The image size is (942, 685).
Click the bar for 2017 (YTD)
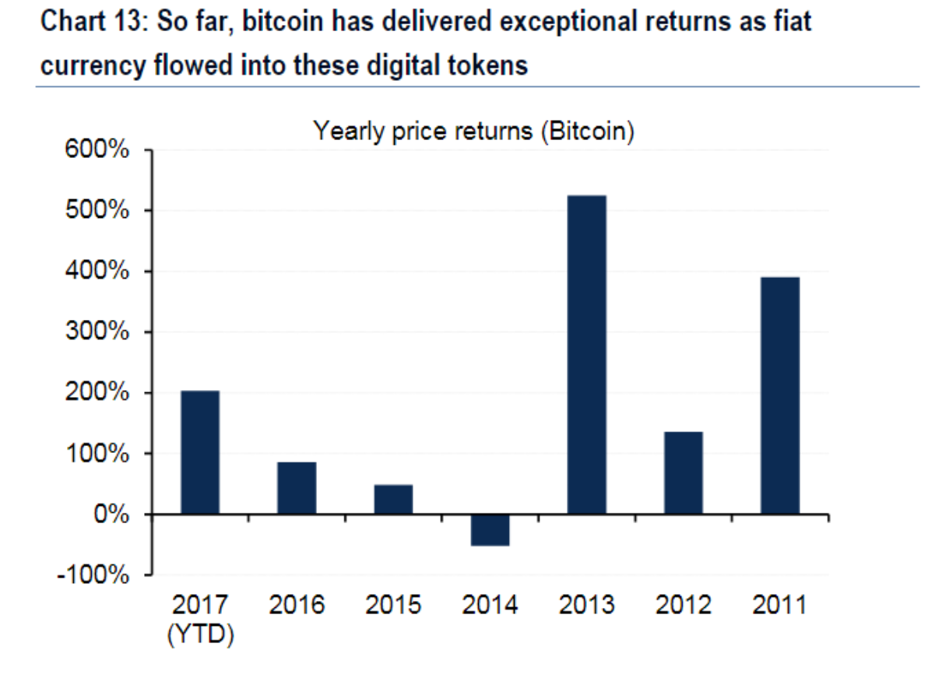point(200,452)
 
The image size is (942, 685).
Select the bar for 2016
point(297,488)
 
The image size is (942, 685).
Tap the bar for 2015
point(393,499)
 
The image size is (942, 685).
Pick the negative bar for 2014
point(490,530)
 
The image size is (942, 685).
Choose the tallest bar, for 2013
point(587,355)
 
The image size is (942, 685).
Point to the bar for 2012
point(684,472)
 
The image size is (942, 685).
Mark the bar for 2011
point(780,395)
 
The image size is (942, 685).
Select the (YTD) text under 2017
point(200,634)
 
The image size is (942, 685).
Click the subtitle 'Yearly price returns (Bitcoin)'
point(473,131)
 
